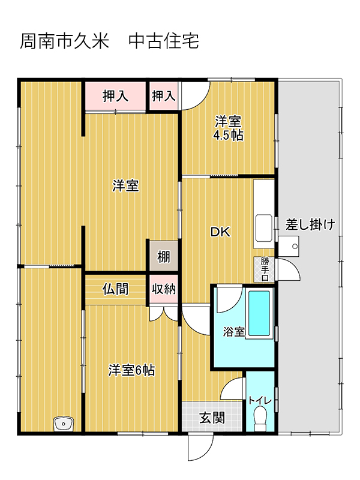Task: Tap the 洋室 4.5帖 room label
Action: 229,128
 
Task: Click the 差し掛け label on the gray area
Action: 310,225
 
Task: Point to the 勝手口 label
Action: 264,269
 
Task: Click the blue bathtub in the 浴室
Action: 259,313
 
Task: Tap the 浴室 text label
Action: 233,331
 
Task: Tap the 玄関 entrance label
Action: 212,417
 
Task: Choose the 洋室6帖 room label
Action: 131,370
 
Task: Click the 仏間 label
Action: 115,289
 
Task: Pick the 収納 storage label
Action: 163,289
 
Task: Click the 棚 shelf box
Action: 163,257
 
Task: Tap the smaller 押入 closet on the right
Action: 163,95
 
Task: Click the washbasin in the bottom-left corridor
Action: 63,424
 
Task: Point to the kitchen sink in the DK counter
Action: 264,228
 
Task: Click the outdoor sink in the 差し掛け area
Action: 292,244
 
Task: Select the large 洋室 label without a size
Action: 126,186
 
